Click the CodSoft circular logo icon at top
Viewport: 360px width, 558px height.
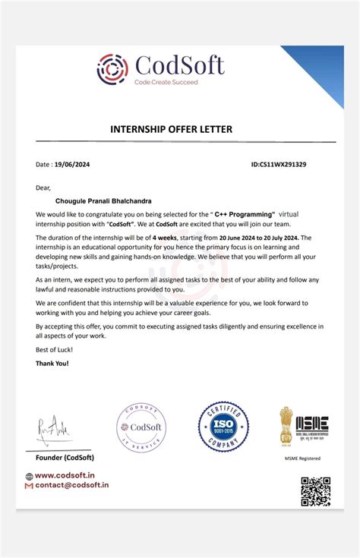pos(112,68)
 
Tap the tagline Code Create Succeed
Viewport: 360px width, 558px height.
pos(166,81)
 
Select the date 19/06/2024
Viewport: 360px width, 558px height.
pos(73,164)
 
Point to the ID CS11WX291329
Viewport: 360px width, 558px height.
pos(279,164)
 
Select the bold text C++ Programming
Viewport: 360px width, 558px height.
pos(245,216)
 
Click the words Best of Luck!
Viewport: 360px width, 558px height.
pos(52,350)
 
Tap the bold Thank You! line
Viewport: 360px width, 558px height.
pos(52,364)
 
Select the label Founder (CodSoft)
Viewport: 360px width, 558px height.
pos(65,457)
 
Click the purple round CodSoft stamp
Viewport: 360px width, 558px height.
pos(141,427)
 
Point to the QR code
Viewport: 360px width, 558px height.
pos(315,491)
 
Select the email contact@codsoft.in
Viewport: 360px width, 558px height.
pos(68,484)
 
